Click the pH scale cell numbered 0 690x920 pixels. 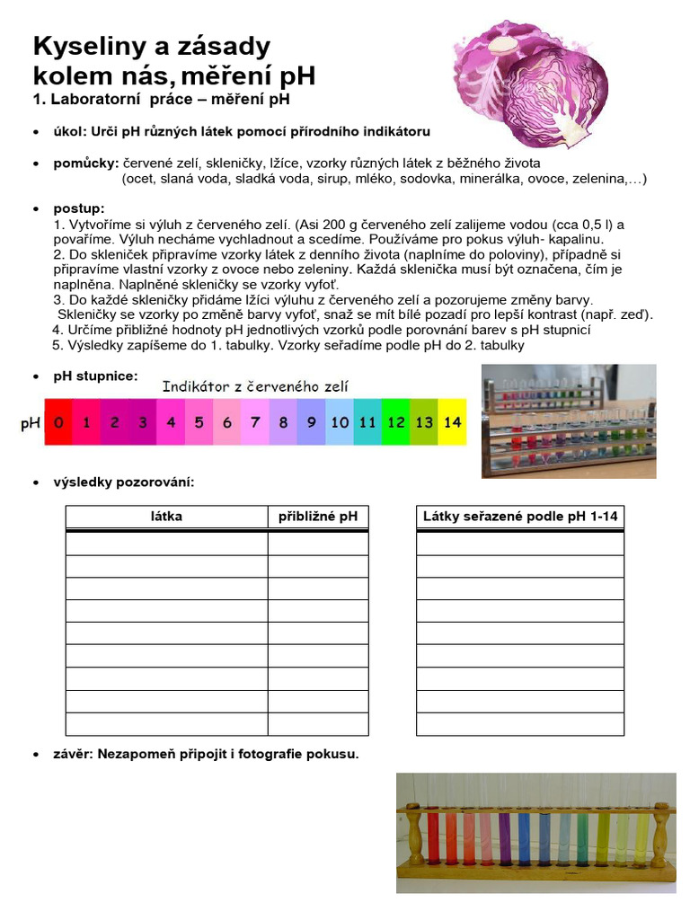pyautogui.click(x=58, y=422)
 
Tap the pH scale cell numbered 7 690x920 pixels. pyautogui.click(x=255, y=422)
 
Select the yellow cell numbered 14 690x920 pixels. pyautogui.click(x=453, y=422)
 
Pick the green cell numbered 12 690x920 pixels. pyautogui.click(x=396, y=422)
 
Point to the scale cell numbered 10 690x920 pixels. pyautogui.click(x=340, y=422)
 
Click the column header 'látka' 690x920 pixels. pyautogui.click(x=166, y=517)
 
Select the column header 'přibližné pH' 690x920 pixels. pyautogui.click(x=318, y=517)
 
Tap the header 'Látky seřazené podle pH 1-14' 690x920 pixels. pyautogui.click(x=520, y=517)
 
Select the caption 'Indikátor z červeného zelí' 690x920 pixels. pyautogui.click(x=255, y=386)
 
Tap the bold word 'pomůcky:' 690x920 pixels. pyautogui.click(x=84, y=164)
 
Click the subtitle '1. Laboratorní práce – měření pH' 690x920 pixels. pyautogui.click(x=162, y=97)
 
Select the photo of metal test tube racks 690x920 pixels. pyautogui.click(x=569, y=420)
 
